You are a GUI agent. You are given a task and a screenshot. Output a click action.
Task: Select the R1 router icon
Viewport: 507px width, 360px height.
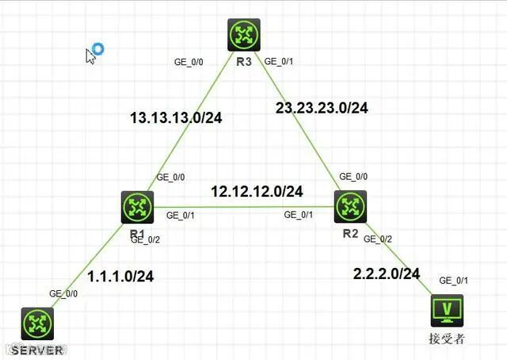pyautogui.click(x=138, y=208)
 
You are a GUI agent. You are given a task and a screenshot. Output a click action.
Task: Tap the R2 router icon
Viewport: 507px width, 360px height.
pyautogui.click(x=349, y=206)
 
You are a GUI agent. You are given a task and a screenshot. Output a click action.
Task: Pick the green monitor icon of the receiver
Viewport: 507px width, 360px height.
pyautogui.click(x=447, y=310)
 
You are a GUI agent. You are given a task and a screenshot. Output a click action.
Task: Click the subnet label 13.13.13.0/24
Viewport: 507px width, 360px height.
pyautogui.click(x=176, y=118)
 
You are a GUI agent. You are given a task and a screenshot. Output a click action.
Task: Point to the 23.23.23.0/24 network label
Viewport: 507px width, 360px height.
pyautogui.click(x=322, y=107)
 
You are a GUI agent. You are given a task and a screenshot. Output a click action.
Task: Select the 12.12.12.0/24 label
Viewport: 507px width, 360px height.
pyautogui.click(x=257, y=191)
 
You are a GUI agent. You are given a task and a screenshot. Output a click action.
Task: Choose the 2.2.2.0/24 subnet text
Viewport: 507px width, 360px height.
pyautogui.click(x=387, y=274)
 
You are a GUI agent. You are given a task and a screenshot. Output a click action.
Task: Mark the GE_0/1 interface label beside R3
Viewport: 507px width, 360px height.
pyautogui.click(x=279, y=60)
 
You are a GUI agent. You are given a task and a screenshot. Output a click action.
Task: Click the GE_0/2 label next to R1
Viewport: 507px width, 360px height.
pyautogui.click(x=168, y=239)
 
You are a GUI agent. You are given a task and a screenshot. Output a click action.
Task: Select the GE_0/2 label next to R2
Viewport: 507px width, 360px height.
pyautogui.click(x=376, y=239)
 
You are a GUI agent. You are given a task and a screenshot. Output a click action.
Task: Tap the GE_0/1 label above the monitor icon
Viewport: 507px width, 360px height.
pyautogui.click(x=454, y=281)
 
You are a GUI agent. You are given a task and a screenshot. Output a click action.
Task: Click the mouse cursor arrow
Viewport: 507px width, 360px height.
pyautogui.click(x=90, y=56)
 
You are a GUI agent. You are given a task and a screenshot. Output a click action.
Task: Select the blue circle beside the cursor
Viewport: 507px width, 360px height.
pyautogui.click(x=98, y=49)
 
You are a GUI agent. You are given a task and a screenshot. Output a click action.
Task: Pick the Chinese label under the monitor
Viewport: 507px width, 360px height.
pyautogui.click(x=447, y=339)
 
